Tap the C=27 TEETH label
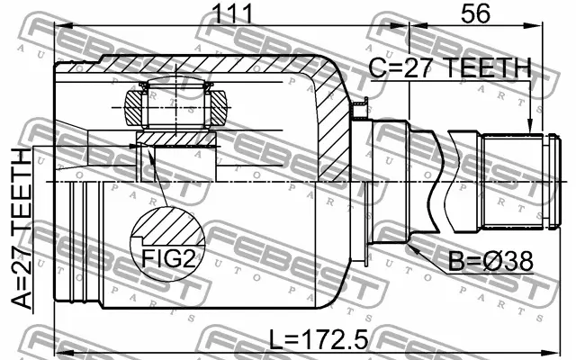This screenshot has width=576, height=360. [x=450, y=68]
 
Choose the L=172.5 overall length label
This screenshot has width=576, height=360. [x=319, y=341]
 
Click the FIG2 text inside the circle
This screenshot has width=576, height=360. [x=166, y=259]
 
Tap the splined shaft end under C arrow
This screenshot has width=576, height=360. [x=515, y=181]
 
